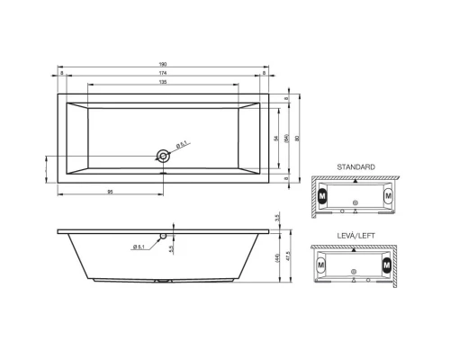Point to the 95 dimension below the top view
pos(110,192)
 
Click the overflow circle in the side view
pos(163,238)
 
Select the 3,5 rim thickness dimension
pos(279,219)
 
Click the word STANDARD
pos(356,167)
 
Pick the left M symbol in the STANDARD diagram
pos(324,194)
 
